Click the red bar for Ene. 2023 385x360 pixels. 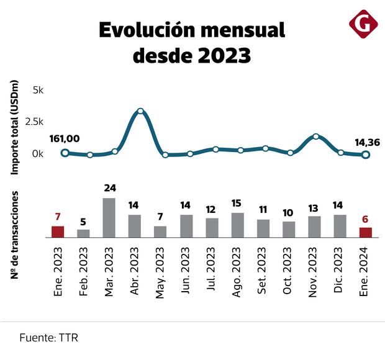(58, 232)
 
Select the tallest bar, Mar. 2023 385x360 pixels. (109, 218)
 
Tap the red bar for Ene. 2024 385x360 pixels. (366, 233)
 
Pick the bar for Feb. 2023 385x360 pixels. (83, 233)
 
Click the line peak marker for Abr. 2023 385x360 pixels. (140, 112)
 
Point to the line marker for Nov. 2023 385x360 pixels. (316, 137)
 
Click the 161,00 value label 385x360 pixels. (64, 139)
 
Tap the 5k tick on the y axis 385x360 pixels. (37, 90)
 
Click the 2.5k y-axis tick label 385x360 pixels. (34, 121)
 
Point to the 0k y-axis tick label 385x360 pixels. (37, 153)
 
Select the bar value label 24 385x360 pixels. (110, 188)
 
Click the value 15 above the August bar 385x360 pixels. (237, 203)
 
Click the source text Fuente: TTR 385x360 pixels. (48, 338)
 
